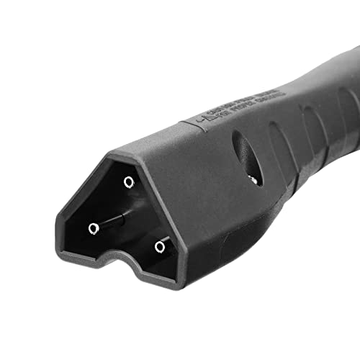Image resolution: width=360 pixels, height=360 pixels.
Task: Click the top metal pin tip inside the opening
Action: tap(129, 182)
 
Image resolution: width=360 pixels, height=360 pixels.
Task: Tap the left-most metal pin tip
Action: tap(94, 229)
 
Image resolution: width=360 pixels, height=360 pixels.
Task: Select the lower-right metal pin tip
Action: tap(160, 247)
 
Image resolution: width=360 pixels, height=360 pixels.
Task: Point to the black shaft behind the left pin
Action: tap(112, 220)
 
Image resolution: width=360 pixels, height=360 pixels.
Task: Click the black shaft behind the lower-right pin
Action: tap(165, 240)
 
